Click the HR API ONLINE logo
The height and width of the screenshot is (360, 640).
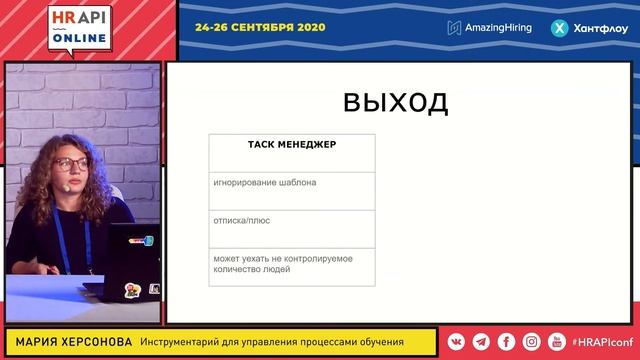pyautogui.click(x=81, y=27)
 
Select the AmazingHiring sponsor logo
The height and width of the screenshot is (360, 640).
pyautogui.click(x=490, y=28)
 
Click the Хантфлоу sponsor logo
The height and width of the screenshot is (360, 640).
pyautogui.click(x=588, y=28)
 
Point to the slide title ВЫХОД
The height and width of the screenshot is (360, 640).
pyautogui.click(x=395, y=103)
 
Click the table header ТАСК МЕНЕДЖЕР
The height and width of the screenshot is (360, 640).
pyautogui.click(x=292, y=145)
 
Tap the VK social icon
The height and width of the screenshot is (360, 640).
pyautogui.click(x=456, y=342)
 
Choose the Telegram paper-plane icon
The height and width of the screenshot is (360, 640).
pyautogui.click(x=481, y=342)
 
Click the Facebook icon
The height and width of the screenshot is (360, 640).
pyautogui.click(x=506, y=342)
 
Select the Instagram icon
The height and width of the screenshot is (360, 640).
pyautogui.click(x=531, y=342)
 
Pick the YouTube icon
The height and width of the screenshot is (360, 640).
pyautogui.click(x=556, y=342)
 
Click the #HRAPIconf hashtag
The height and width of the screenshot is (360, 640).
pyautogui.click(x=602, y=342)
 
